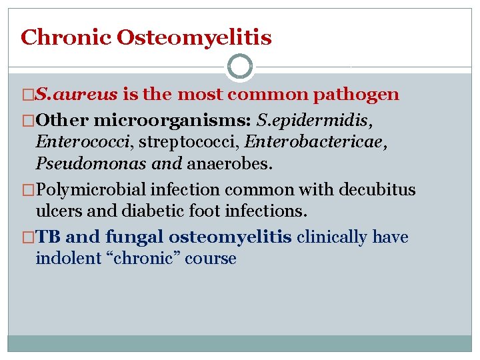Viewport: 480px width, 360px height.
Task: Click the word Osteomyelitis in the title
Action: click(x=194, y=37)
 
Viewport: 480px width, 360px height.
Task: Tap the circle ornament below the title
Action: click(x=240, y=67)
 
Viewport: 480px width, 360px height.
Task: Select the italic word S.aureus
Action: click(x=77, y=95)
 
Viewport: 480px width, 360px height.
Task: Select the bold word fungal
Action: click(x=133, y=237)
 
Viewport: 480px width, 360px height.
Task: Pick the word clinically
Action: click(x=332, y=237)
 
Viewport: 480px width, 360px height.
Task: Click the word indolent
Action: click(x=66, y=259)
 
